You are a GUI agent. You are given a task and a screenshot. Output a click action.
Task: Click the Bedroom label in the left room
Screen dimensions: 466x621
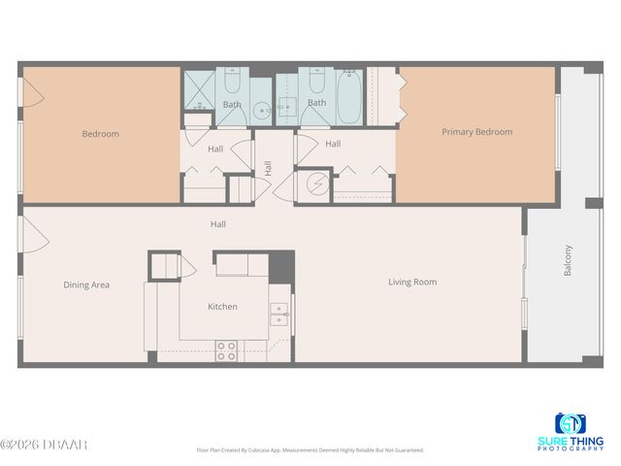point(100,134)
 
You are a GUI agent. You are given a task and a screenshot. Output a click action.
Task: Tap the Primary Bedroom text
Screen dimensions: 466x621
point(476,132)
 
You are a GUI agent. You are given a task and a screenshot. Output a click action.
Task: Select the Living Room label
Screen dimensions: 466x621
point(412,283)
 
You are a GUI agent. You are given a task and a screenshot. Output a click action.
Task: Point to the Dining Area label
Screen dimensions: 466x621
point(86,285)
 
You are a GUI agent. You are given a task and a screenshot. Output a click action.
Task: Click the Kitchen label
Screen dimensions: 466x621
point(222,307)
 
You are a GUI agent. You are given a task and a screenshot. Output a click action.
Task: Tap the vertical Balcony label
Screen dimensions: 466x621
point(568,261)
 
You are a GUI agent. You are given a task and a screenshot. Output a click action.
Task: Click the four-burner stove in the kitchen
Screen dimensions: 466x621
point(226,350)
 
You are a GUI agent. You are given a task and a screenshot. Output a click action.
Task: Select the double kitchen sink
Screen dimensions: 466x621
point(279,312)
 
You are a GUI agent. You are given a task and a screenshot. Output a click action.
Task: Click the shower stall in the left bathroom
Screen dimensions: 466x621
point(199,89)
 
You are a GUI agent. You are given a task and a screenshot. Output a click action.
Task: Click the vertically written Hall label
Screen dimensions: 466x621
point(268,168)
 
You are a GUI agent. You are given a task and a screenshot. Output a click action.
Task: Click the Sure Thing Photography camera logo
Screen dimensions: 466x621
point(571,424)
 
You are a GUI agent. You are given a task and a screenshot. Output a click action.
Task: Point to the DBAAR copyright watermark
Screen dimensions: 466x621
point(44,446)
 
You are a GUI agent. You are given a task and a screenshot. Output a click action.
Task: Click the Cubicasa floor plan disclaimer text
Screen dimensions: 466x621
point(310,449)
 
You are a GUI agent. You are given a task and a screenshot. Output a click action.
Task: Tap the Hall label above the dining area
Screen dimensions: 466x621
point(218,224)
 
